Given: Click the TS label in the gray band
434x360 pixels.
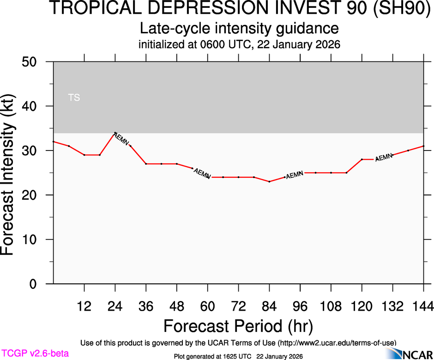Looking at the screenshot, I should point(74,97).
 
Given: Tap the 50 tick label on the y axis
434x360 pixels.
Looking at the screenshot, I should point(31,62).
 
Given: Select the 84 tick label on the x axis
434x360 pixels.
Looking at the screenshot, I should point(269,306).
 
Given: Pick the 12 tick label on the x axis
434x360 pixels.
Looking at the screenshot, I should point(84,306).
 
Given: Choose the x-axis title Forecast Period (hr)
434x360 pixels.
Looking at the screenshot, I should point(238,326).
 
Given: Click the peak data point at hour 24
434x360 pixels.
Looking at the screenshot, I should point(115,133).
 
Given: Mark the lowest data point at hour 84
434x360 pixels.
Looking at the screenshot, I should point(269,181).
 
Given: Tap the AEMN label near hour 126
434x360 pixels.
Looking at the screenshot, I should point(384,157).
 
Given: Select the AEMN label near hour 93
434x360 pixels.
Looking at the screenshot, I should point(295,175).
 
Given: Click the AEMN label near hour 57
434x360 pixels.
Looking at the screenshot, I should point(202,174).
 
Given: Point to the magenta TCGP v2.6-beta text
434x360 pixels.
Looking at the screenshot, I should point(35,354).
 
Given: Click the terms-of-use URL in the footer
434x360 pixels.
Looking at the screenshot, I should point(337,342).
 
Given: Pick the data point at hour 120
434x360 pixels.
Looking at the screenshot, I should point(362,159).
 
